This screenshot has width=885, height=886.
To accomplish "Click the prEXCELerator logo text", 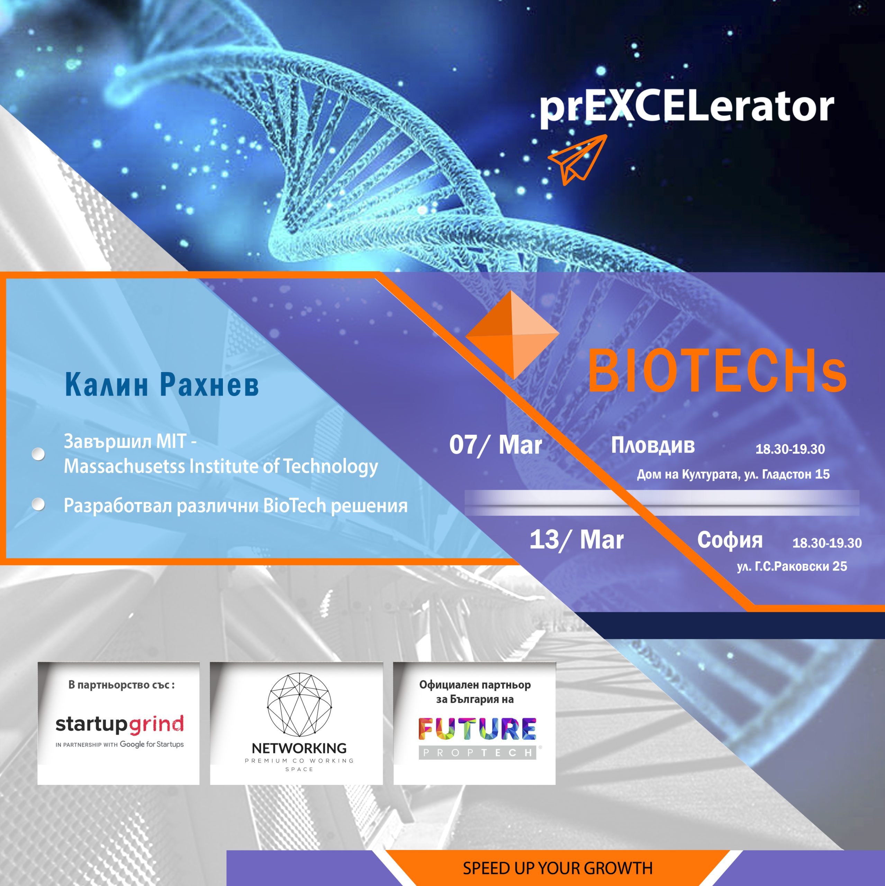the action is click(686, 109).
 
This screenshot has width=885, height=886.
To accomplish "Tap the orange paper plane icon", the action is click(578, 160).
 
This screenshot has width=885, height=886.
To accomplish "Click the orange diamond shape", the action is click(512, 335).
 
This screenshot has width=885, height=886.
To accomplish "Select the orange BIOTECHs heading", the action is click(717, 371).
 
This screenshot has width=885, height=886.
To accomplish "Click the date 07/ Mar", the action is click(496, 445).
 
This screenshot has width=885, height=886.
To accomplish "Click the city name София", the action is click(730, 540).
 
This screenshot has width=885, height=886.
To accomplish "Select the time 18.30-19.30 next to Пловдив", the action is click(790, 449).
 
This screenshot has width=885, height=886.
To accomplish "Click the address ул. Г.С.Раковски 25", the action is click(792, 566).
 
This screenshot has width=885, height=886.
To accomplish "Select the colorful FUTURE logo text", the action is click(477, 729).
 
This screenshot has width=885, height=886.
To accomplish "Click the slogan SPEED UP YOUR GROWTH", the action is click(558, 868).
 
